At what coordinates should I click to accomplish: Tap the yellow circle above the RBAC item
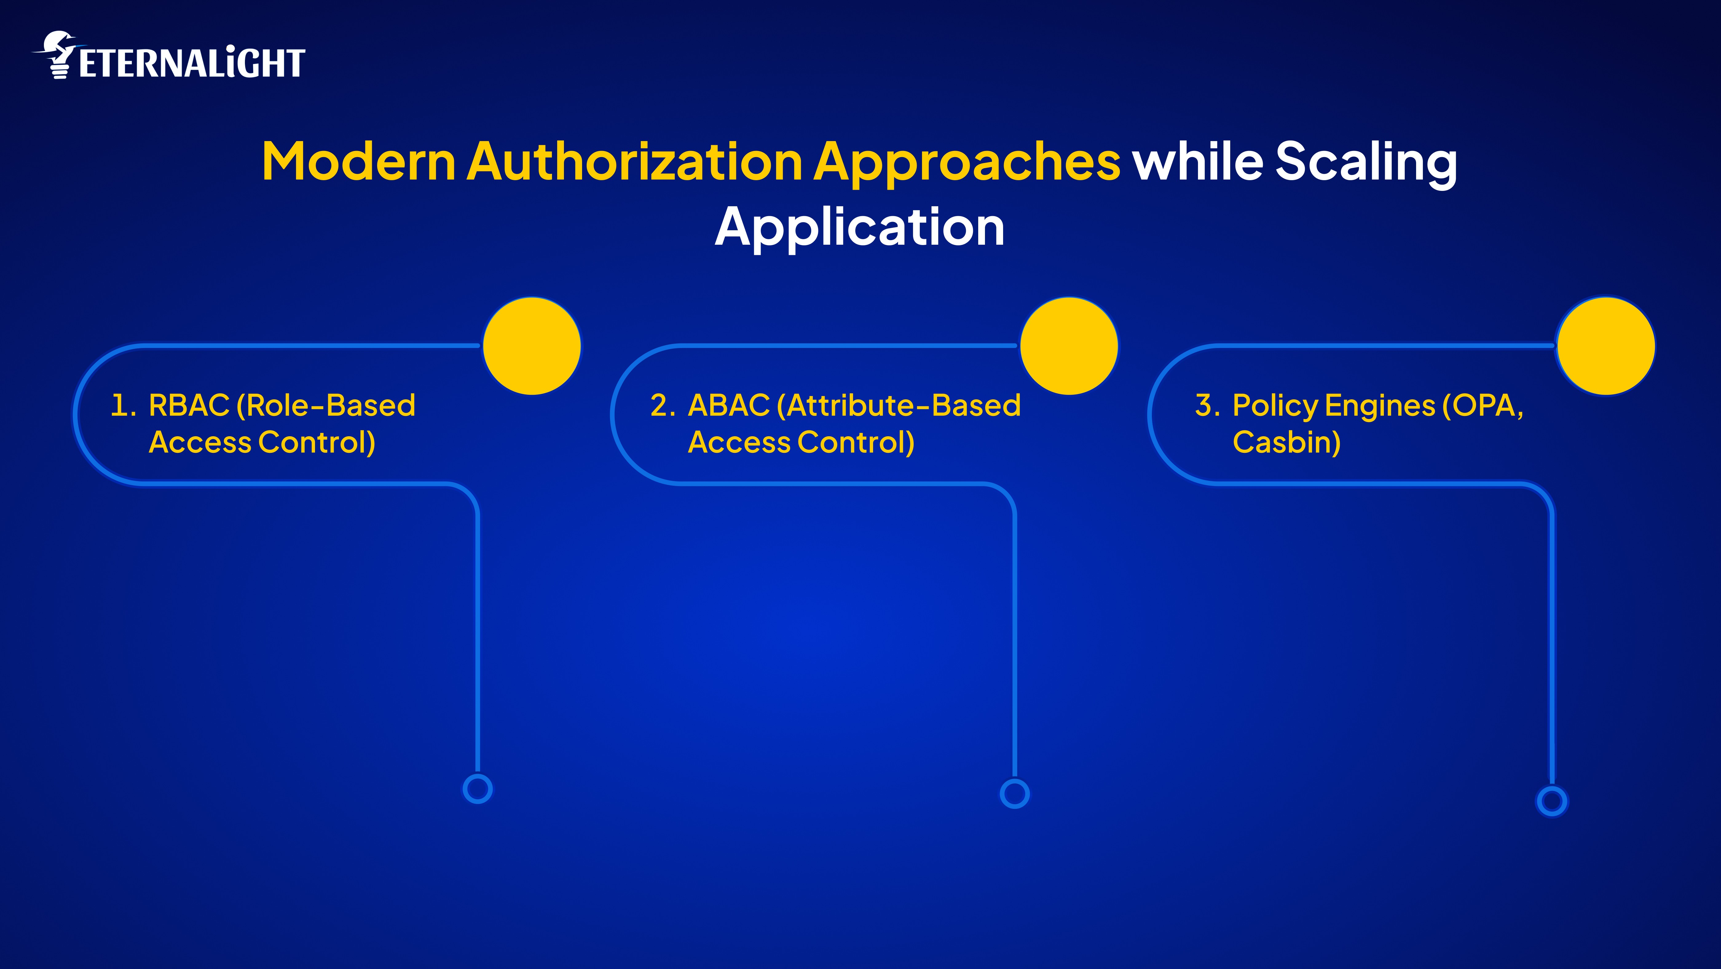tap(532, 346)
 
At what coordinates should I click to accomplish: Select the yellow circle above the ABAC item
tap(1069, 346)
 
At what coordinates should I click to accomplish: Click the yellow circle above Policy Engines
tap(1606, 346)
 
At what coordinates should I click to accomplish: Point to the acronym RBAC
tap(189, 405)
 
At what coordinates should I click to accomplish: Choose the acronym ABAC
tap(729, 405)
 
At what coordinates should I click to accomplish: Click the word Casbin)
tap(1286, 442)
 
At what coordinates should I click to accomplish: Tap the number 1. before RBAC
tap(122, 405)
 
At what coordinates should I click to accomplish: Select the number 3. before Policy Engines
tap(1207, 405)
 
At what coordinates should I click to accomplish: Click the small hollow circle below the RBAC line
tap(478, 789)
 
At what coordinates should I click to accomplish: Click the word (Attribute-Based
tap(899, 405)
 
